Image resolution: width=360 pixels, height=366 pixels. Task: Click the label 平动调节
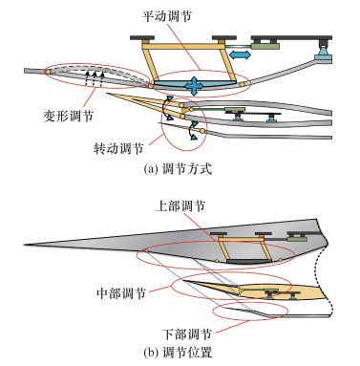click(x=167, y=16)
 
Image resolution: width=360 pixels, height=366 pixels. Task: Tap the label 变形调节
click(x=68, y=116)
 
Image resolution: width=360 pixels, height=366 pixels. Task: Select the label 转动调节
click(x=118, y=148)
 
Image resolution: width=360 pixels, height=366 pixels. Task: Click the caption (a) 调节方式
click(x=178, y=168)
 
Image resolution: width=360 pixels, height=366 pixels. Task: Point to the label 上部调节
click(x=180, y=206)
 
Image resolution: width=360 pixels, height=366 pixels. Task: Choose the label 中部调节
click(x=121, y=292)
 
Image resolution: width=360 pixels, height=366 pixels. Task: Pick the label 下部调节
click(x=187, y=334)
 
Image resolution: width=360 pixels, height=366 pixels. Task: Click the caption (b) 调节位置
click(x=178, y=353)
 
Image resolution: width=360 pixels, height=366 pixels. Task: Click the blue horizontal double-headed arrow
click(x=241, y=54)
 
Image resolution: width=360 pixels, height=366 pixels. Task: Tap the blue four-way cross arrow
click(x=194, y=85)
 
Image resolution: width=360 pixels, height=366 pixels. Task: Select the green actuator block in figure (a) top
click(x=265, y=46)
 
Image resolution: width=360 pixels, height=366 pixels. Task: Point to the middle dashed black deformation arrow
click(x=95, y=79)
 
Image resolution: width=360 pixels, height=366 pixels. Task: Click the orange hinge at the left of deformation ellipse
click(x=48, y=72)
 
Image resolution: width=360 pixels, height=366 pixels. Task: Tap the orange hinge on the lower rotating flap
click(x=201, y=130)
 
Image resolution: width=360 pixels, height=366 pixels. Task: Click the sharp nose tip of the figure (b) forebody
click(x=25, y=245)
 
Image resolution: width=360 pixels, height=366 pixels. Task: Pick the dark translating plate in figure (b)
click(x=248, y=261)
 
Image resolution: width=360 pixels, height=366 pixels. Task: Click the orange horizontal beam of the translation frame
click(x=183, y=47)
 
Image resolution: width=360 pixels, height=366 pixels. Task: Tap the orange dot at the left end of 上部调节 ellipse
click(x=146, y=251)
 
